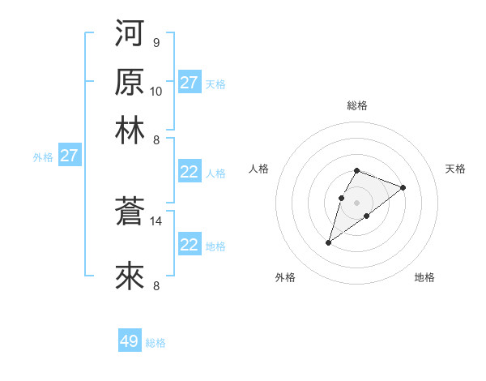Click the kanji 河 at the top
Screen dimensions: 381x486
(130, 33)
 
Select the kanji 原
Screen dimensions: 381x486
(130, 82)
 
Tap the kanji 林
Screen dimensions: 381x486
(130, 131)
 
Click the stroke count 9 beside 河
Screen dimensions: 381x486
(156, 42)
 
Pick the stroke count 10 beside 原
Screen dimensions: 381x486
(156, 91)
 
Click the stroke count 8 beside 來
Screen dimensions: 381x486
(156, 285)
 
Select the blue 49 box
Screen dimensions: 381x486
(130, 341)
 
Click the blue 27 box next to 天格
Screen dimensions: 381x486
(189, 83)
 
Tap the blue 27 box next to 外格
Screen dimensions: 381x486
(69, 156)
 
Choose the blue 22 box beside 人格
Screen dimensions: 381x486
(189, 172)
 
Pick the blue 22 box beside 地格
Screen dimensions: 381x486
(189, 245)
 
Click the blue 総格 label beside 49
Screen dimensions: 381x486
(156, 343)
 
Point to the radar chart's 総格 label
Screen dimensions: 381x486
(356, 105)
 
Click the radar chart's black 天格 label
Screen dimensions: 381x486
(455, 169)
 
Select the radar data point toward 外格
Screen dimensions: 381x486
(328, 242)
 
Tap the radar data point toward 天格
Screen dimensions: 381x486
(403, 187)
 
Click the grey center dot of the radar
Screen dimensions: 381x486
(356, 201)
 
